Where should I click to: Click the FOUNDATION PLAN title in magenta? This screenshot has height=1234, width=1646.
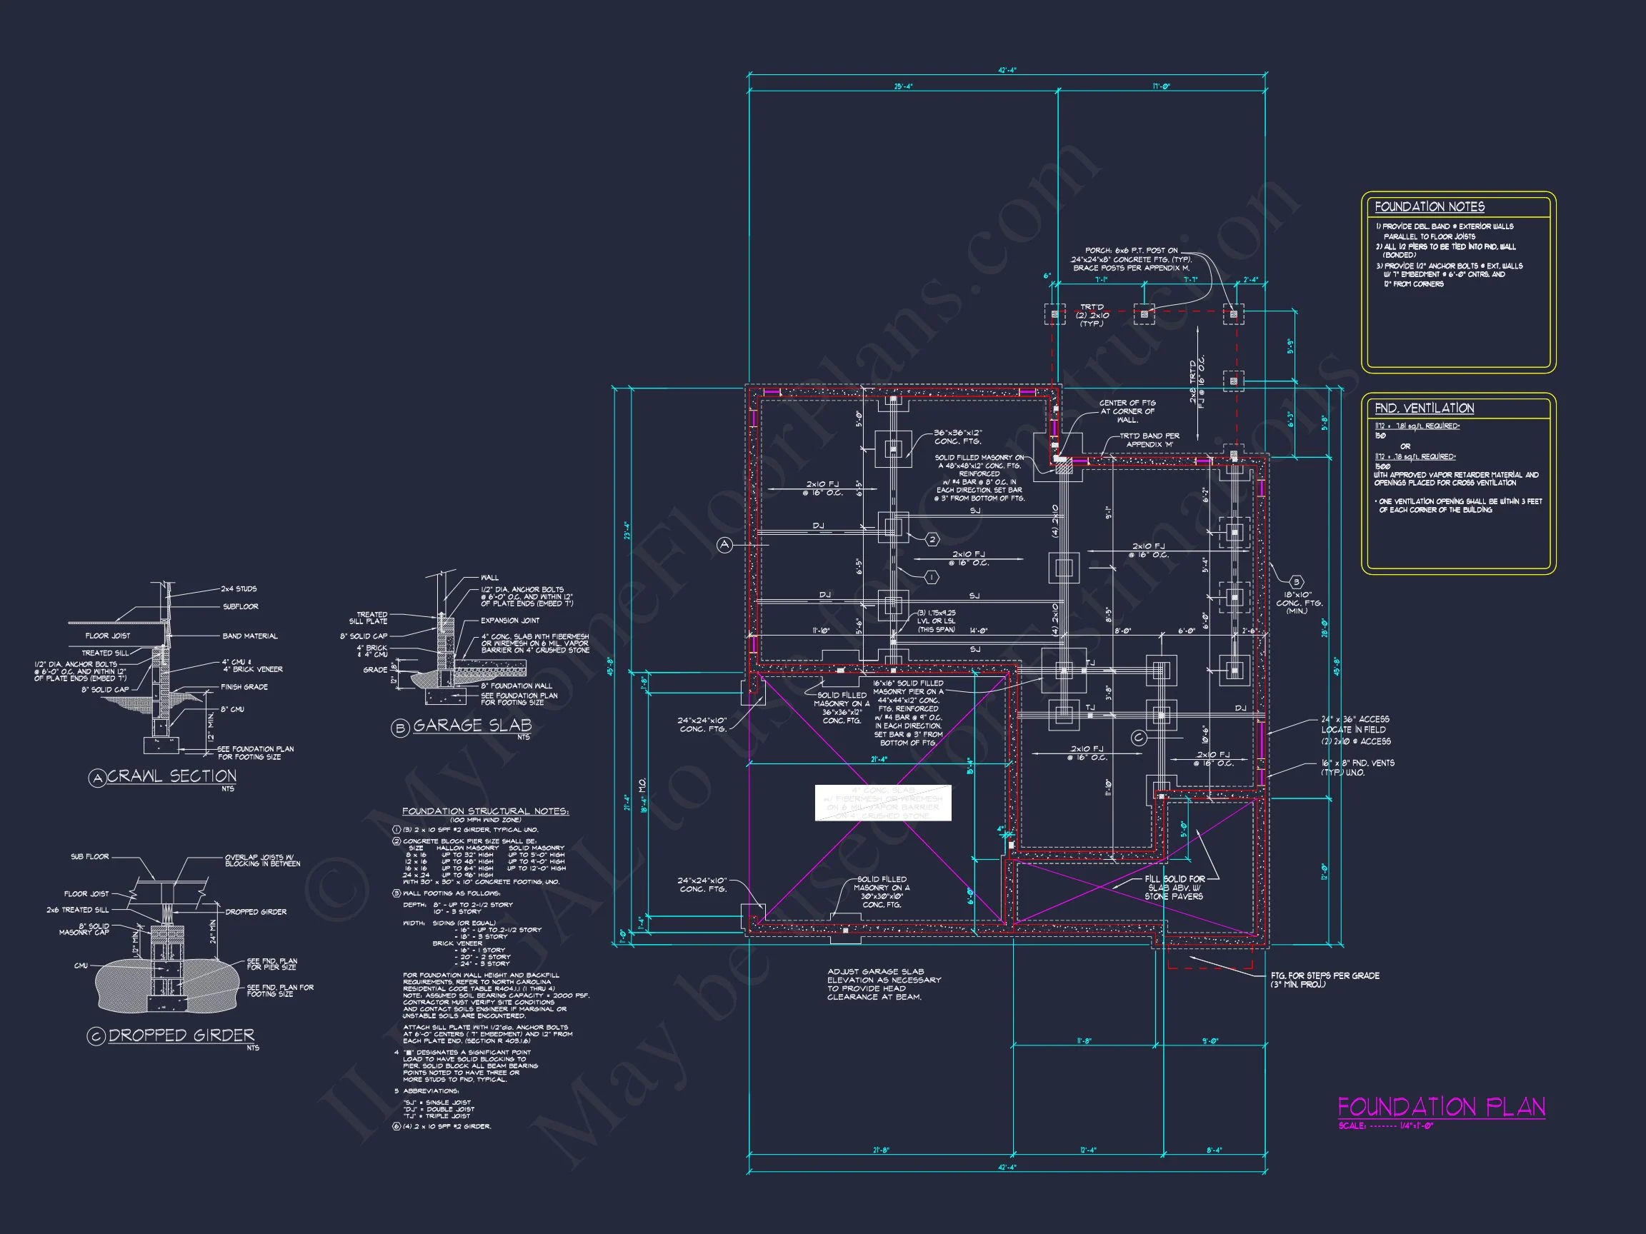pos(1441,1107)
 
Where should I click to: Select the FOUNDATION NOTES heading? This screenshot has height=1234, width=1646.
pos(1429,207)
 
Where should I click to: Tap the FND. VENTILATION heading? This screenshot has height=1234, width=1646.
pos(1424,408)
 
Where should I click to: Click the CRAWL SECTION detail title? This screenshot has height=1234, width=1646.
pos(172,776)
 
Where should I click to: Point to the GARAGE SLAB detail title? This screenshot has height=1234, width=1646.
pos(472,726)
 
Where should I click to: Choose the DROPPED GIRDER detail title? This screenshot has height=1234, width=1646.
pos(181,1035)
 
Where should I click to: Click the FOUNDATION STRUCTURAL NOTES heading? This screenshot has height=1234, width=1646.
pos(485,811)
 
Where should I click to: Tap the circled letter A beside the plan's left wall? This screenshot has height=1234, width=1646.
pos(724,545)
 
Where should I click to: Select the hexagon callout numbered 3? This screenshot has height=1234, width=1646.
pos(1296,583)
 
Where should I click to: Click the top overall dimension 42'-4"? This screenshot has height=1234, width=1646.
pos(1007,71)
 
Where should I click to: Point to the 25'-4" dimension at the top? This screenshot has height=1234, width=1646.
pos(902,87)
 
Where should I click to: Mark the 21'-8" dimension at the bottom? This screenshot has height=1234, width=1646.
pos(881,1150)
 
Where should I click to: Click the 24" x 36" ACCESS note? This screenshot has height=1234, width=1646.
pos(1355,719)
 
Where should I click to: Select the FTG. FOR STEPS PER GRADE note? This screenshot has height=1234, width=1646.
pos(1325,975)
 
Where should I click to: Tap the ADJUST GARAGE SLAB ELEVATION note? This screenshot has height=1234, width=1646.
pos(883,983)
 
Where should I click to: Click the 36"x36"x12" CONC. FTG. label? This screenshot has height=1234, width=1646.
pos(958,436)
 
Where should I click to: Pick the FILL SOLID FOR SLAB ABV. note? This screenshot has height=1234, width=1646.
pos(1174,888)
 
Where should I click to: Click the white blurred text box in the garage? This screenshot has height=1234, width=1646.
pos(882,803)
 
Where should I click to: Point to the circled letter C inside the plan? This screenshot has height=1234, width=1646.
pos(1138,738)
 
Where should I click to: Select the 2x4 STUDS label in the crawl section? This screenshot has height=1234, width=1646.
pos(238,589)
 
